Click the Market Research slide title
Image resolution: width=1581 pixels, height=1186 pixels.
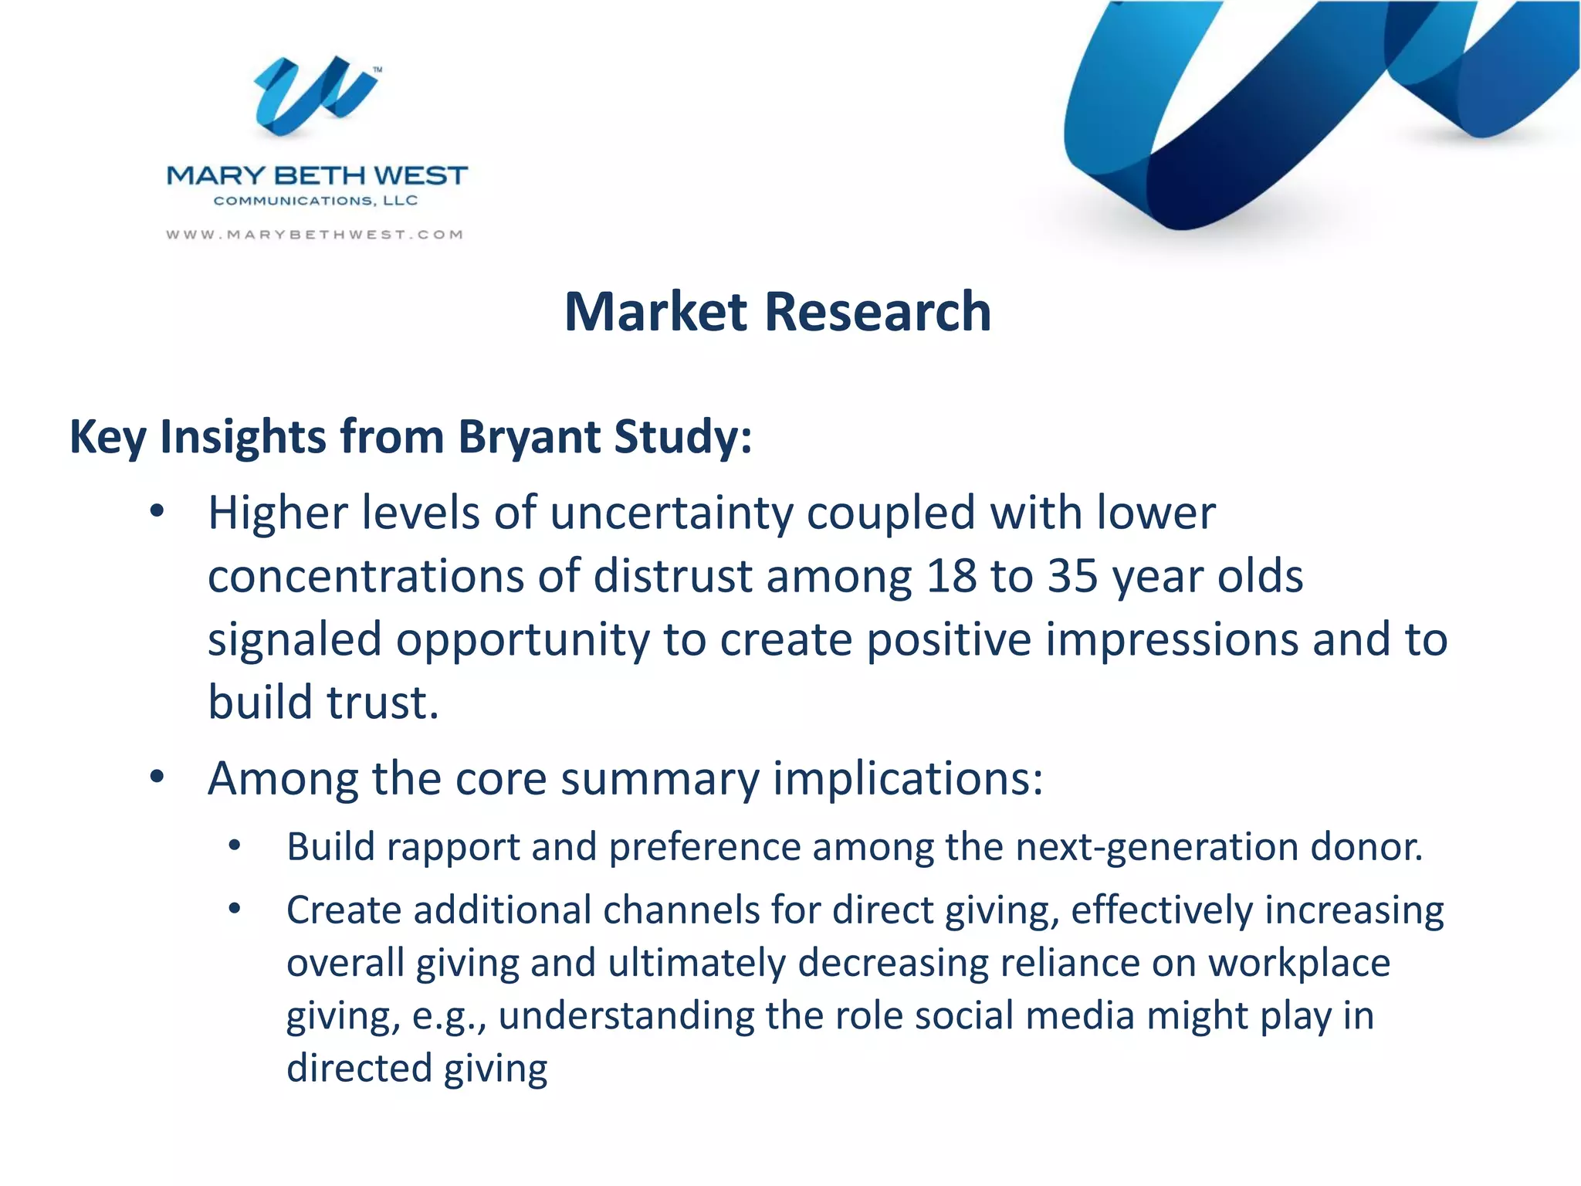pos(777,312)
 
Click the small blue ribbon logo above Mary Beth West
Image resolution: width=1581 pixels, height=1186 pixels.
pos(317,96)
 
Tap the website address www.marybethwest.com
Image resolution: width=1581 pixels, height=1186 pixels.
pos(315,235)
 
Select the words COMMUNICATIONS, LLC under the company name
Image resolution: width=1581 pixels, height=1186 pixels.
pos(316,201)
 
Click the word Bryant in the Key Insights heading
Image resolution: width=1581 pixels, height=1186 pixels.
pos(529,437)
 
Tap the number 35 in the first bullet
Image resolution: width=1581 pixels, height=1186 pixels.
pos(1072,577)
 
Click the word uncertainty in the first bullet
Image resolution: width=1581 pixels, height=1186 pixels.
pos(671,513)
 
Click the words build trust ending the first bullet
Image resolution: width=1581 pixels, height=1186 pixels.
pos(323,703)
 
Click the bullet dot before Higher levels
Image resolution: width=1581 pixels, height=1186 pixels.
pos(157,512)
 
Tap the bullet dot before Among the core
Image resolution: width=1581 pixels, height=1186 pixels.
pos(157,778)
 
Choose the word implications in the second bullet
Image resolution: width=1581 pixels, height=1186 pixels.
pos(907,778)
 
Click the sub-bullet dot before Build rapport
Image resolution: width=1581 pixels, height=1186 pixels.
pos(235,846)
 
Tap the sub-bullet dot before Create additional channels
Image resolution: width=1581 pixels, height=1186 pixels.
pos(235,910)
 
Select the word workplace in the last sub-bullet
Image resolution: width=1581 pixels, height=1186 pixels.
pos(1298,964)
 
